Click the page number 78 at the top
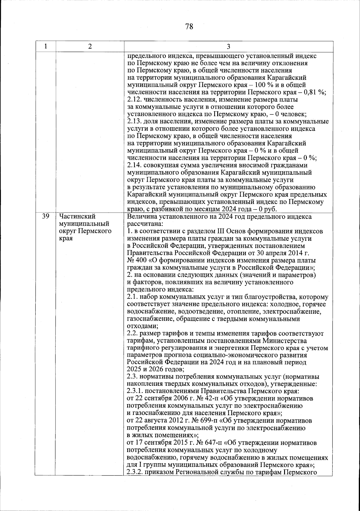coord(189,27)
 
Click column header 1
coord(45,46)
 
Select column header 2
coord(90,46)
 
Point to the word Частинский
coord(77,216)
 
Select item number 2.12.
coord(134,100)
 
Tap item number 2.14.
coord(134,165)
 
